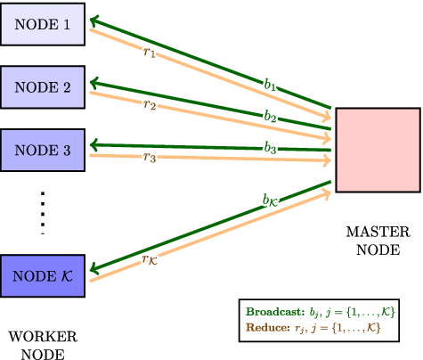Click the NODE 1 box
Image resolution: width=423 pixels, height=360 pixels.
pyautogui.click(x=44, y=24)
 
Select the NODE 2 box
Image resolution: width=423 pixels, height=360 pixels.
pyautogui.click(x=44, y=87)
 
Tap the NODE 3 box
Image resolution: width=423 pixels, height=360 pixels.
pyautogui.click(x=44, y=150)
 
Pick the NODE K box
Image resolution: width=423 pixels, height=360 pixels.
pyautogui.click(x=44, y=275)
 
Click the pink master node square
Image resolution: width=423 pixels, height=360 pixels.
pyautogui.click(x=378, y=150)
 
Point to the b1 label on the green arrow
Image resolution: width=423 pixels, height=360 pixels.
pyautogui.click(x=269, y=85)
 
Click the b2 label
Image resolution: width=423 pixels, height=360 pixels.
pyautogui.click(x=269, y=116)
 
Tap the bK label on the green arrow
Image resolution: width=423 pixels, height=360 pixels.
pyautogui.click(x=271, y=200)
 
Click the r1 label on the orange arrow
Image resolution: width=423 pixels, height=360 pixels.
pyautogui.click(x=149, y=53)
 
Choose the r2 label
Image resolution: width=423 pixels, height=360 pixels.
pyautogui.click(x=149, y=105)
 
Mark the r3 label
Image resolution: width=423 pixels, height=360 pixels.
pyautogui.click(x=149, y=159)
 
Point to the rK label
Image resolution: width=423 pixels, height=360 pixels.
pyautogui.click(x=150, y=259)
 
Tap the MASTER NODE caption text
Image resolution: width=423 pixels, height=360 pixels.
pyautogui.click(x=376, y=240)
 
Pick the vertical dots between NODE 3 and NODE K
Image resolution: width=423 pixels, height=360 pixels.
pyautogui.click(x=43, y=212)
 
